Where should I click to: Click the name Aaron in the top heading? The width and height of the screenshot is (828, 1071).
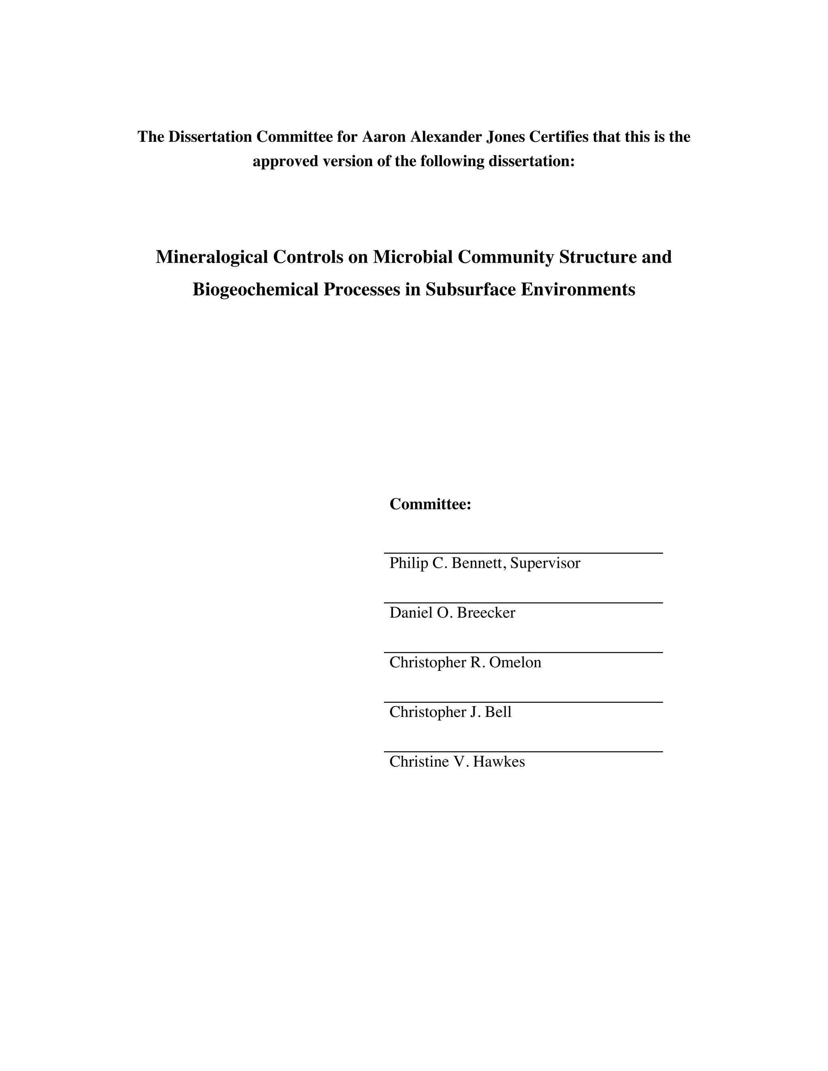pyautogui.click(x=384, y=137)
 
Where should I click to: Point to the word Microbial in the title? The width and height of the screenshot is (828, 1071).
pyautogui.click(x=412, y=257)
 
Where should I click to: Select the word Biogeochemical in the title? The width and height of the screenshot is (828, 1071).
pyautogui.click(x=255, y=289)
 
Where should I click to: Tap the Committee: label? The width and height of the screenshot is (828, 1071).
pyautogui.click(x=430, y=504)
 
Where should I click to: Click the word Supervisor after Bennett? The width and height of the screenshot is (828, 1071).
pyautogui.click(x=545, y=563)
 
